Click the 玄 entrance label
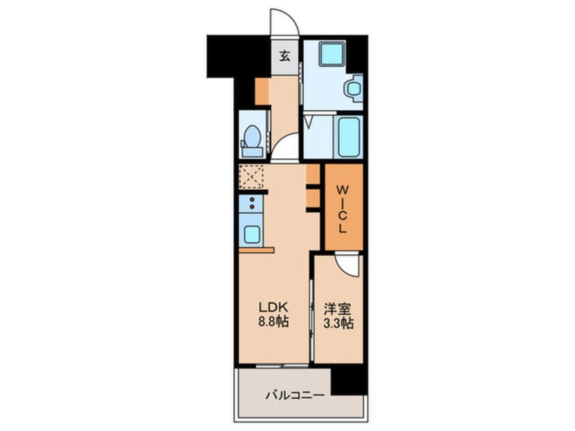[284, 57]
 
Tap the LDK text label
[274, 307]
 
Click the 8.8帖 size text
[274, 322]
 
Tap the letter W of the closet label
[342, 186]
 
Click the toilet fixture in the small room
[252, 138]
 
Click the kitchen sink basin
[251, 234]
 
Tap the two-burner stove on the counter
[251, 203]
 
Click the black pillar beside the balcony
[349, 380]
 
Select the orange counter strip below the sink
[256, 250]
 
